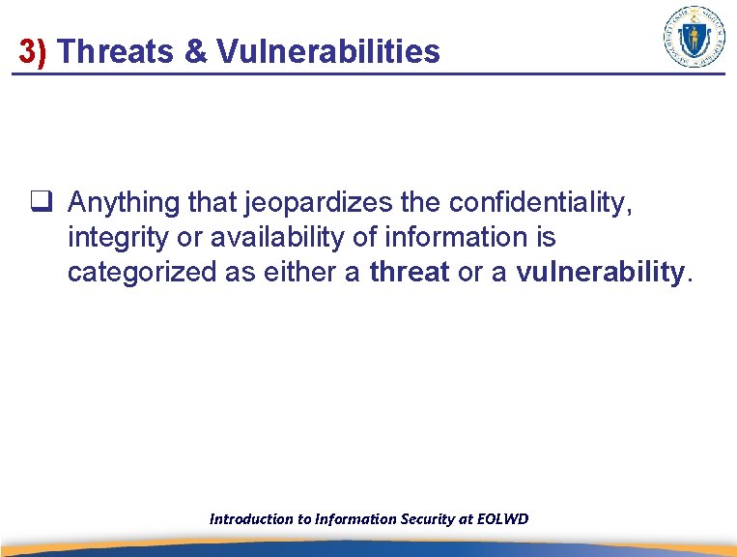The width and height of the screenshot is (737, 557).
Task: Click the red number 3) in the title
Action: coord(33,51)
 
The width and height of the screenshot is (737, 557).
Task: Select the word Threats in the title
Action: coord(118,51)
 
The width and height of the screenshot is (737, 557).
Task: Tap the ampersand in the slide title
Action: coord(196,51)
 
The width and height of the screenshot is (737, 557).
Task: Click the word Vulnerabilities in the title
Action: coord(328,51)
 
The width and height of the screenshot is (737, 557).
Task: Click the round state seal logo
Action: coord(694,37)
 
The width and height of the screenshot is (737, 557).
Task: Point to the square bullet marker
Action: coord(40,203)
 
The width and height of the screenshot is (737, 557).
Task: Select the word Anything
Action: coord(125,203)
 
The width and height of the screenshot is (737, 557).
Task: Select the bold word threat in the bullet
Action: coord(410,273)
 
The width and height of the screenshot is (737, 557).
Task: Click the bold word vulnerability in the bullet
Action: coord(599,273)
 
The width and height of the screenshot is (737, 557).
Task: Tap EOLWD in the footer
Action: coord(503,519)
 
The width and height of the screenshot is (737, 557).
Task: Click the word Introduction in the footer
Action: coord(250,519)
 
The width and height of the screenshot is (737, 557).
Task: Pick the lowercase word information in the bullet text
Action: coord(468,238)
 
